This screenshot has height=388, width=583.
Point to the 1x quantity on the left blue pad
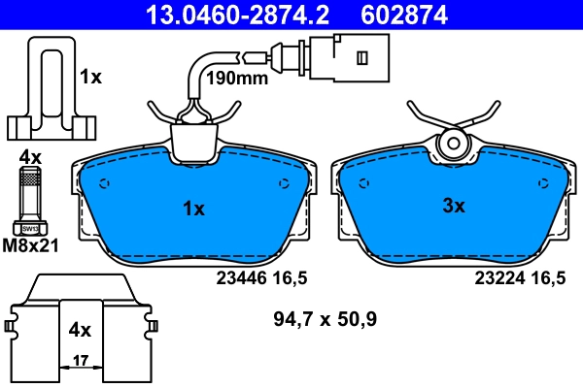coord(193,209)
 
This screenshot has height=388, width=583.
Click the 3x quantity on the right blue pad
coord(454,206)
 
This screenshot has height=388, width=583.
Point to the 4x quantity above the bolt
coord(30,156)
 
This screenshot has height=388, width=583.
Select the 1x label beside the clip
coord(90,76)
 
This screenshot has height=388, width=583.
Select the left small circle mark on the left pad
coord(106,185)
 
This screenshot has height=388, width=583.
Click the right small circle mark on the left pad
coord(284,184)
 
